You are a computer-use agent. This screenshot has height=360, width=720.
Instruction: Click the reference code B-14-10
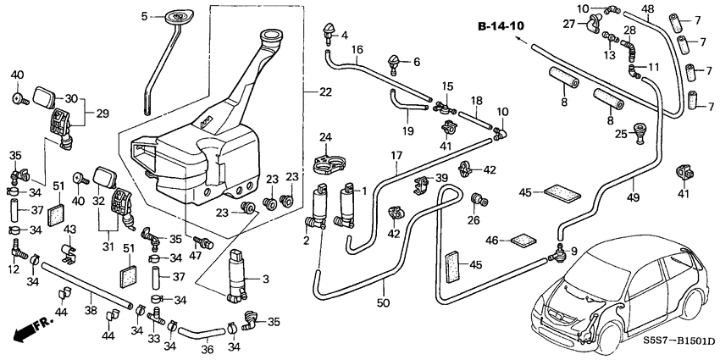coord(501,26)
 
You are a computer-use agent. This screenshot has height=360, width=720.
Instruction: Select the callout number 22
coord(326,91)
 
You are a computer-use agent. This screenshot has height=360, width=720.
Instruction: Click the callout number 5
coord(144,16)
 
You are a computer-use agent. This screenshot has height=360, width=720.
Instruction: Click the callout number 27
coord(568,24)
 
